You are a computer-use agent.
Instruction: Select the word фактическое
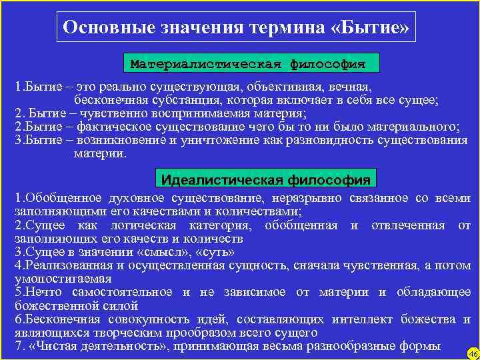click(x=115, y=127)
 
